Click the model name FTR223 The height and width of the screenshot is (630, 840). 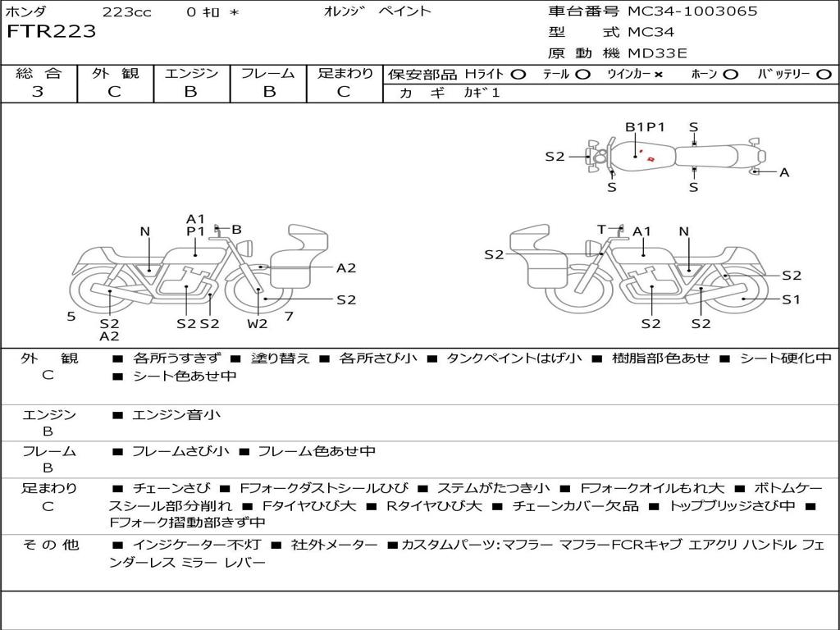coord(51,32)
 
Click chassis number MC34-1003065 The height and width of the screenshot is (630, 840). coord(692,11)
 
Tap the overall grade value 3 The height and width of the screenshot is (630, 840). coord(38,92)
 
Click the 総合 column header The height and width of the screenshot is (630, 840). coord(39,74)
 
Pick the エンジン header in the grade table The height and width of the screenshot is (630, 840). coord(191,74)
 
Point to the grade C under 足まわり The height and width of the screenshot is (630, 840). coord(344,92)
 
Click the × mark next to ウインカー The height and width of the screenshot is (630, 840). coord(658,75)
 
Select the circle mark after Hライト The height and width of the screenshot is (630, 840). coord(518,75)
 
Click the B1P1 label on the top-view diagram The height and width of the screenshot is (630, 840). coord(645,127)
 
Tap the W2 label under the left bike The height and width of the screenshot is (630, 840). coord(258,323)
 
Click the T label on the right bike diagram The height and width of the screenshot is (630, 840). coord(601,230)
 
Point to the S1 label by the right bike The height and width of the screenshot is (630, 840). coord(791,299)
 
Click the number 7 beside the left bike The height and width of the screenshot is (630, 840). coord(289,316)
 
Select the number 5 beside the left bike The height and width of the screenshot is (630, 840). coord(71,316)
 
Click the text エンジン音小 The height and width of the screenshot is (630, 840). coord(176,415)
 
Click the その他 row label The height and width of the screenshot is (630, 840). coord(49,545)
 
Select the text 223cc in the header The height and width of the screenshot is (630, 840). coord(121,11)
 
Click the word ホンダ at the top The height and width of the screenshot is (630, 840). coord(26,11)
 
